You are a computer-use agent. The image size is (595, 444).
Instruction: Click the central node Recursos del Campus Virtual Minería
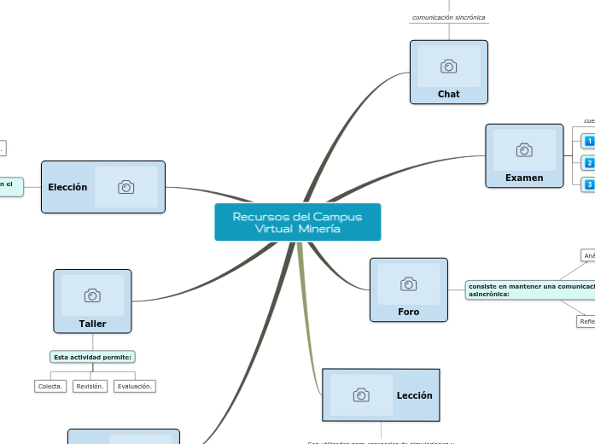click(x=297, y=222)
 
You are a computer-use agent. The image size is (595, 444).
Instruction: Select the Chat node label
click(x=448, y=94)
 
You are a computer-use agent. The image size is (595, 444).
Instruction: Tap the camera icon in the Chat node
click(x=448, y=67)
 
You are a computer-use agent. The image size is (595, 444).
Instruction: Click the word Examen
click(x=523, y=178)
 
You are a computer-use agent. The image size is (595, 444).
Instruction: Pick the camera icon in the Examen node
click(x=524, y=150)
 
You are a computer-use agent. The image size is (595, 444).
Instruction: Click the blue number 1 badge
click(x=589, y=141)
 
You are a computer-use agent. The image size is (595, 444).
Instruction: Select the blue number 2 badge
click(x=589, y=162)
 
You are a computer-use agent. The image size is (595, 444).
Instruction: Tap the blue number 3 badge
click(x=589, y=184)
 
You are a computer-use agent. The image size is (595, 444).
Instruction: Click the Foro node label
click(x=408, y=312)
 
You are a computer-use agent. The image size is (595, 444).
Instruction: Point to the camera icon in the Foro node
click(x=409, y=283)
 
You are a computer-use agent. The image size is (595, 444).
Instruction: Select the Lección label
click(x=414, y=395)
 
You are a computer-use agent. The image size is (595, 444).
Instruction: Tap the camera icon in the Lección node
click(x=361, y=395)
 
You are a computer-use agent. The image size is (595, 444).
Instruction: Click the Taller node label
click(x=92, y=324)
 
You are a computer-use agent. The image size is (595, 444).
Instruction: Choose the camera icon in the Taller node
click(x=92, y=295)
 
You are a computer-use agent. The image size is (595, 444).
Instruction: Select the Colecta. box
click(x=50, y=386)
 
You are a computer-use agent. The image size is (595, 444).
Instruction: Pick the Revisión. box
click(x=90, y=386)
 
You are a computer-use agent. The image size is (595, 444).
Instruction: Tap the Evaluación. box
click(x=135, y=386)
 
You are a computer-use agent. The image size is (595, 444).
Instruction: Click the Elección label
click(x=67, y=187)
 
